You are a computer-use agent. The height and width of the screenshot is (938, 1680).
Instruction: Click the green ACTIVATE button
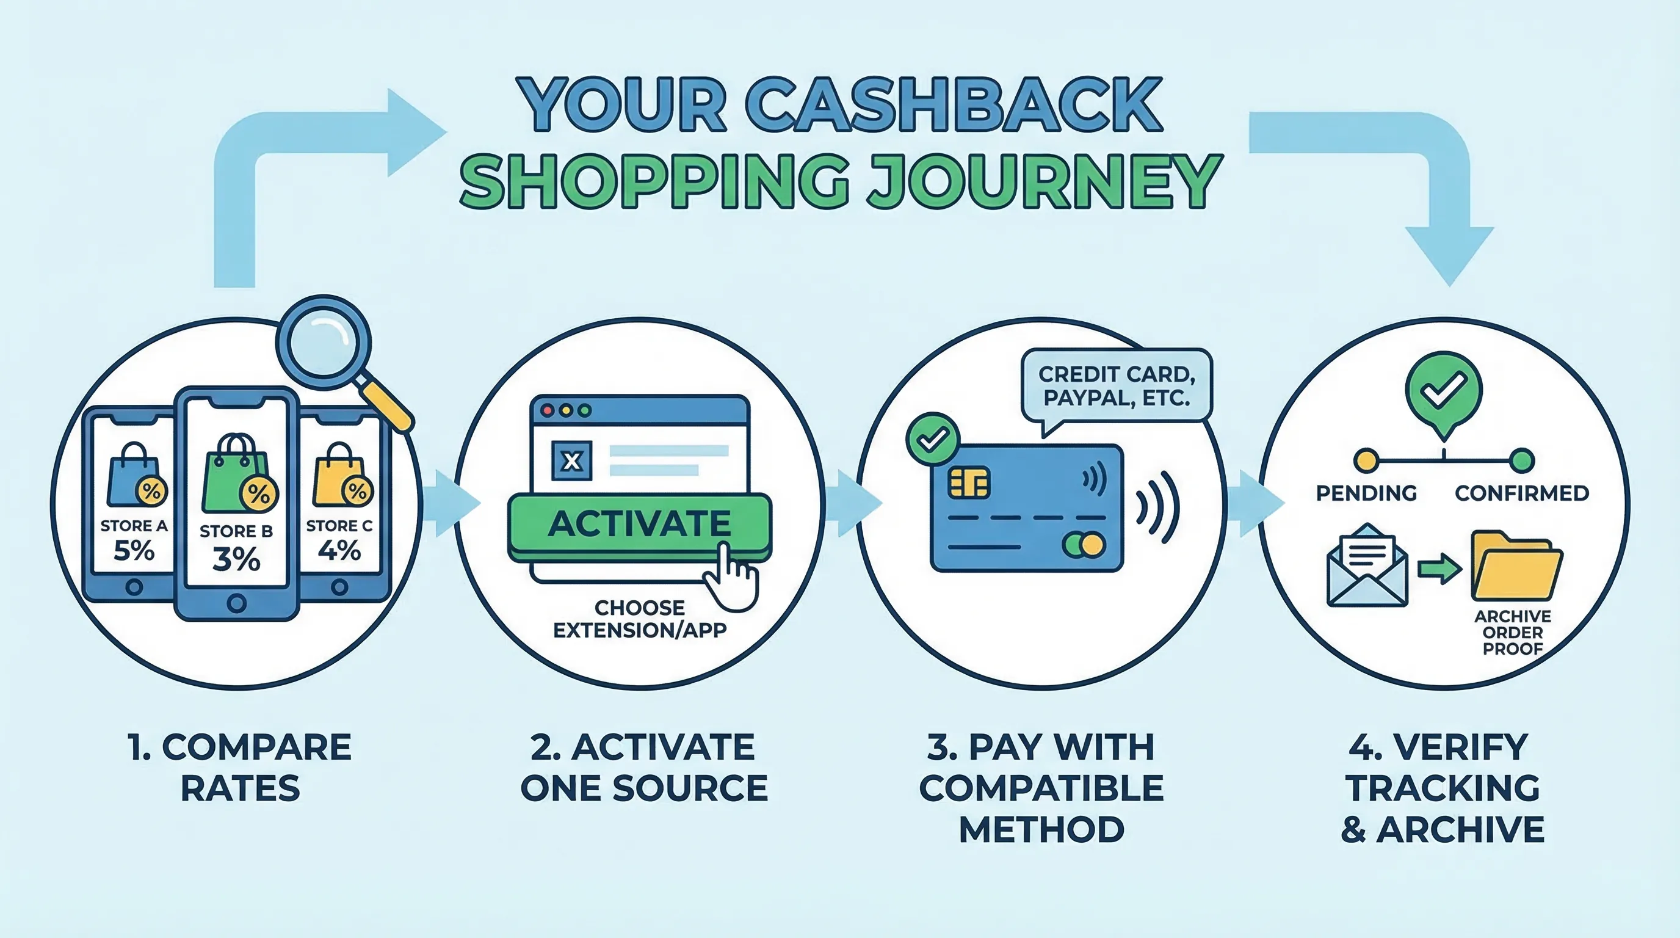[639, 524]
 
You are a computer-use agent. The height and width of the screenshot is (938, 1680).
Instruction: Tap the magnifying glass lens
[324, 343]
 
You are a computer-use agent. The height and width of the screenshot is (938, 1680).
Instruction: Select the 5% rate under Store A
[134, 551]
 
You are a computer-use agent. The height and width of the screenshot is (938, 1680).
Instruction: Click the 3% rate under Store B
[236, 559]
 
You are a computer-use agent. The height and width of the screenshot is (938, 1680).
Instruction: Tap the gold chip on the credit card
[968, 482]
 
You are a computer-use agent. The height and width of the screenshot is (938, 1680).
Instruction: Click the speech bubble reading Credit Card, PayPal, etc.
[1116, 386]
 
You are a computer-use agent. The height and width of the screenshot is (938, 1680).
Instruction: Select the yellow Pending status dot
[1366, 460]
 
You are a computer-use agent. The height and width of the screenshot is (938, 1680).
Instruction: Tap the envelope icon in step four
[1367, 567]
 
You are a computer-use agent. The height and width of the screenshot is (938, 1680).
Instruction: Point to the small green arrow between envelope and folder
[1439, 569]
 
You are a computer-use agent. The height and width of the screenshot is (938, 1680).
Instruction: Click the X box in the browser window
[571, 461]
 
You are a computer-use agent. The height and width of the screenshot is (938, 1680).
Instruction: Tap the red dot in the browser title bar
[548, 410]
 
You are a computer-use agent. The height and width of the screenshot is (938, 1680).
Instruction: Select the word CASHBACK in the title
[953, 106]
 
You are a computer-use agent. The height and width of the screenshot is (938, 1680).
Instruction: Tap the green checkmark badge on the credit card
[932, 439]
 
